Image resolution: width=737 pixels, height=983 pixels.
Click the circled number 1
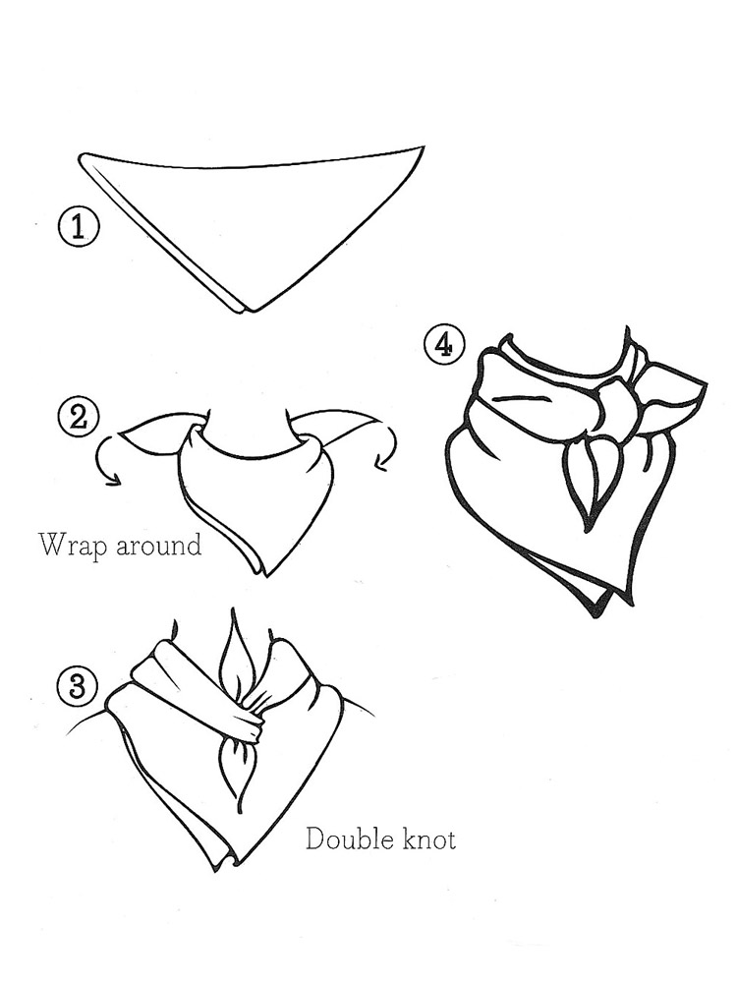point(78,226)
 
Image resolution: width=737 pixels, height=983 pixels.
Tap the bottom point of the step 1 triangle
point(252,311)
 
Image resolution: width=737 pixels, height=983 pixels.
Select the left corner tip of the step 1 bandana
point(82,154)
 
